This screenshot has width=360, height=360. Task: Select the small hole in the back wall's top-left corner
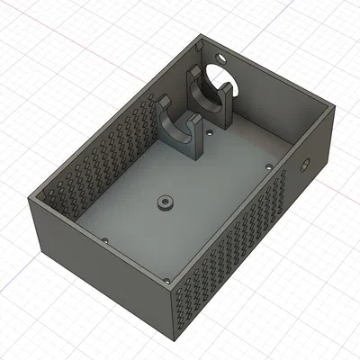click(x=200, y=40)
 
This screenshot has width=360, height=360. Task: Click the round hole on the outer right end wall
click(x=304, y=165)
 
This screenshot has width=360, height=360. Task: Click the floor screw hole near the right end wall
click(x=268, y=166)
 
